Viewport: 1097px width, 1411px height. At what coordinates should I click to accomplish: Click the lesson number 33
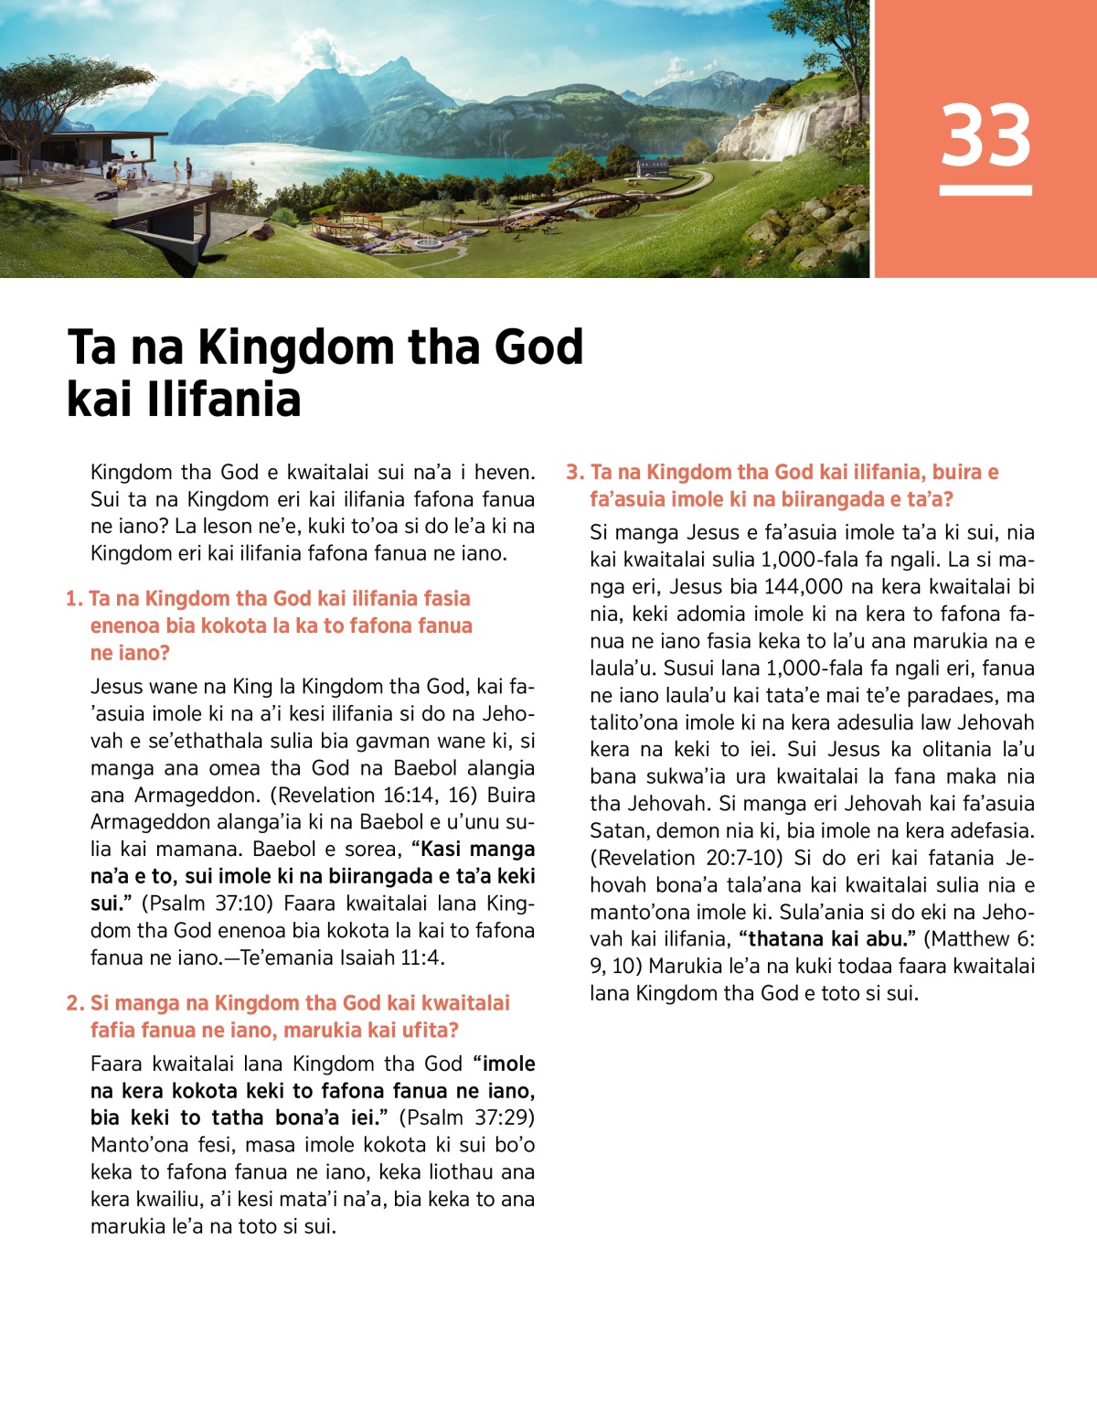coord(985,134)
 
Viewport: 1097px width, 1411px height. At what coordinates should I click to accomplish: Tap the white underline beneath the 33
coord(985,190)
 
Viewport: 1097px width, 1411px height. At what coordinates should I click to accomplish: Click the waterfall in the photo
coord(791,133)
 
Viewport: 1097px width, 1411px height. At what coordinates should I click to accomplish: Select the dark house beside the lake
coord(653,167)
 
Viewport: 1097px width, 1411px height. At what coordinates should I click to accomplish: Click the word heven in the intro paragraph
coord(504,472)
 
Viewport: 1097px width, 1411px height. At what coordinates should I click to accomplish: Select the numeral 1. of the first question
coord(74,599)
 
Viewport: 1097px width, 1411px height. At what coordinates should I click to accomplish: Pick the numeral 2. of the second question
coord(75,1003)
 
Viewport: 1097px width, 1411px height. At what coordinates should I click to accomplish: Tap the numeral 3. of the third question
coord(575,473)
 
